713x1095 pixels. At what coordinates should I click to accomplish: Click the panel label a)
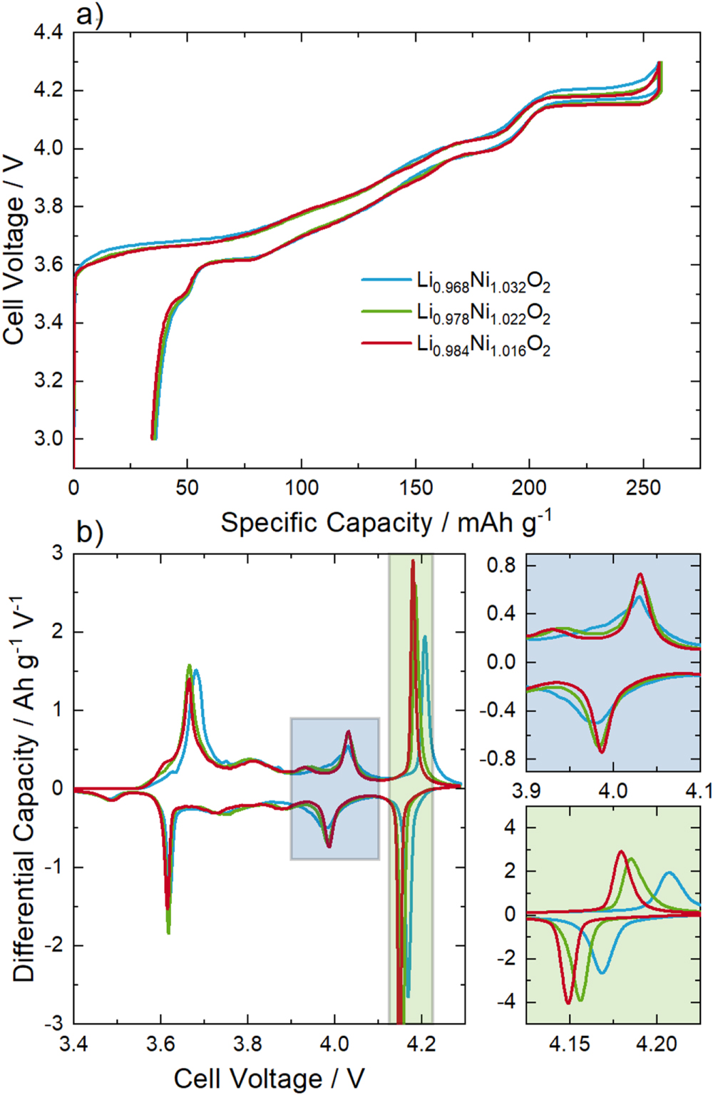click(90, 14)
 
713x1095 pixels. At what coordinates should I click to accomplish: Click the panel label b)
click(90, 531)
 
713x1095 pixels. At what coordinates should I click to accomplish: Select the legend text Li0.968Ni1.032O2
click(483, 282)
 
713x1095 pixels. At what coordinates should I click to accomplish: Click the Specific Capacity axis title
click(386, 522)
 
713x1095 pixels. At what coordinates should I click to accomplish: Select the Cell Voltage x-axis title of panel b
click(270, 1078)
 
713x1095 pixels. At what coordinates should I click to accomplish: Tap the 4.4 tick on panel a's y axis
click(48, 33)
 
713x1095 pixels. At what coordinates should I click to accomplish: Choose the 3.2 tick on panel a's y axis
click(48, 380)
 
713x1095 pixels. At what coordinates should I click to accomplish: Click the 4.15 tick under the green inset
click(570, 1044)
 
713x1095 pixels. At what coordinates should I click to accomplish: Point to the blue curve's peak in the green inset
click(668, 872)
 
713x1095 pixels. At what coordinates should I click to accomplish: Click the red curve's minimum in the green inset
click(568, 1003)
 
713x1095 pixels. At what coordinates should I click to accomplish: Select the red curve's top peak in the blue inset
click(640, 574)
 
